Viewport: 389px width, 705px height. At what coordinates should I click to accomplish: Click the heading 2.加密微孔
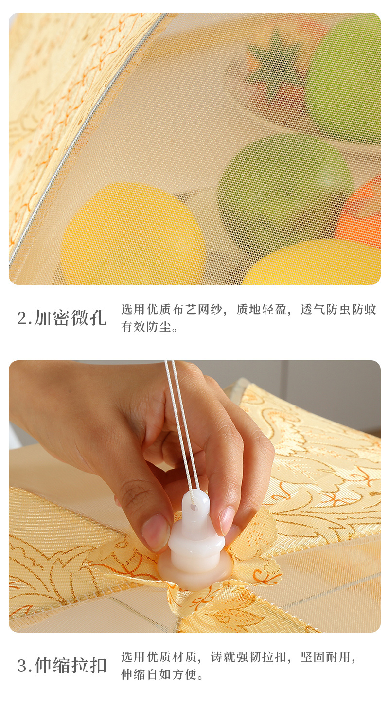point(62,317)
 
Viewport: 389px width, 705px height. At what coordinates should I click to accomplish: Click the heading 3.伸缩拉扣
point(62,665)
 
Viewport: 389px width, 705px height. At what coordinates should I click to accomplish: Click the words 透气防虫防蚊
point(338,309)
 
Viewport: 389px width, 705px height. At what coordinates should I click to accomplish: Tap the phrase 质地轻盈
point(261,309)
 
